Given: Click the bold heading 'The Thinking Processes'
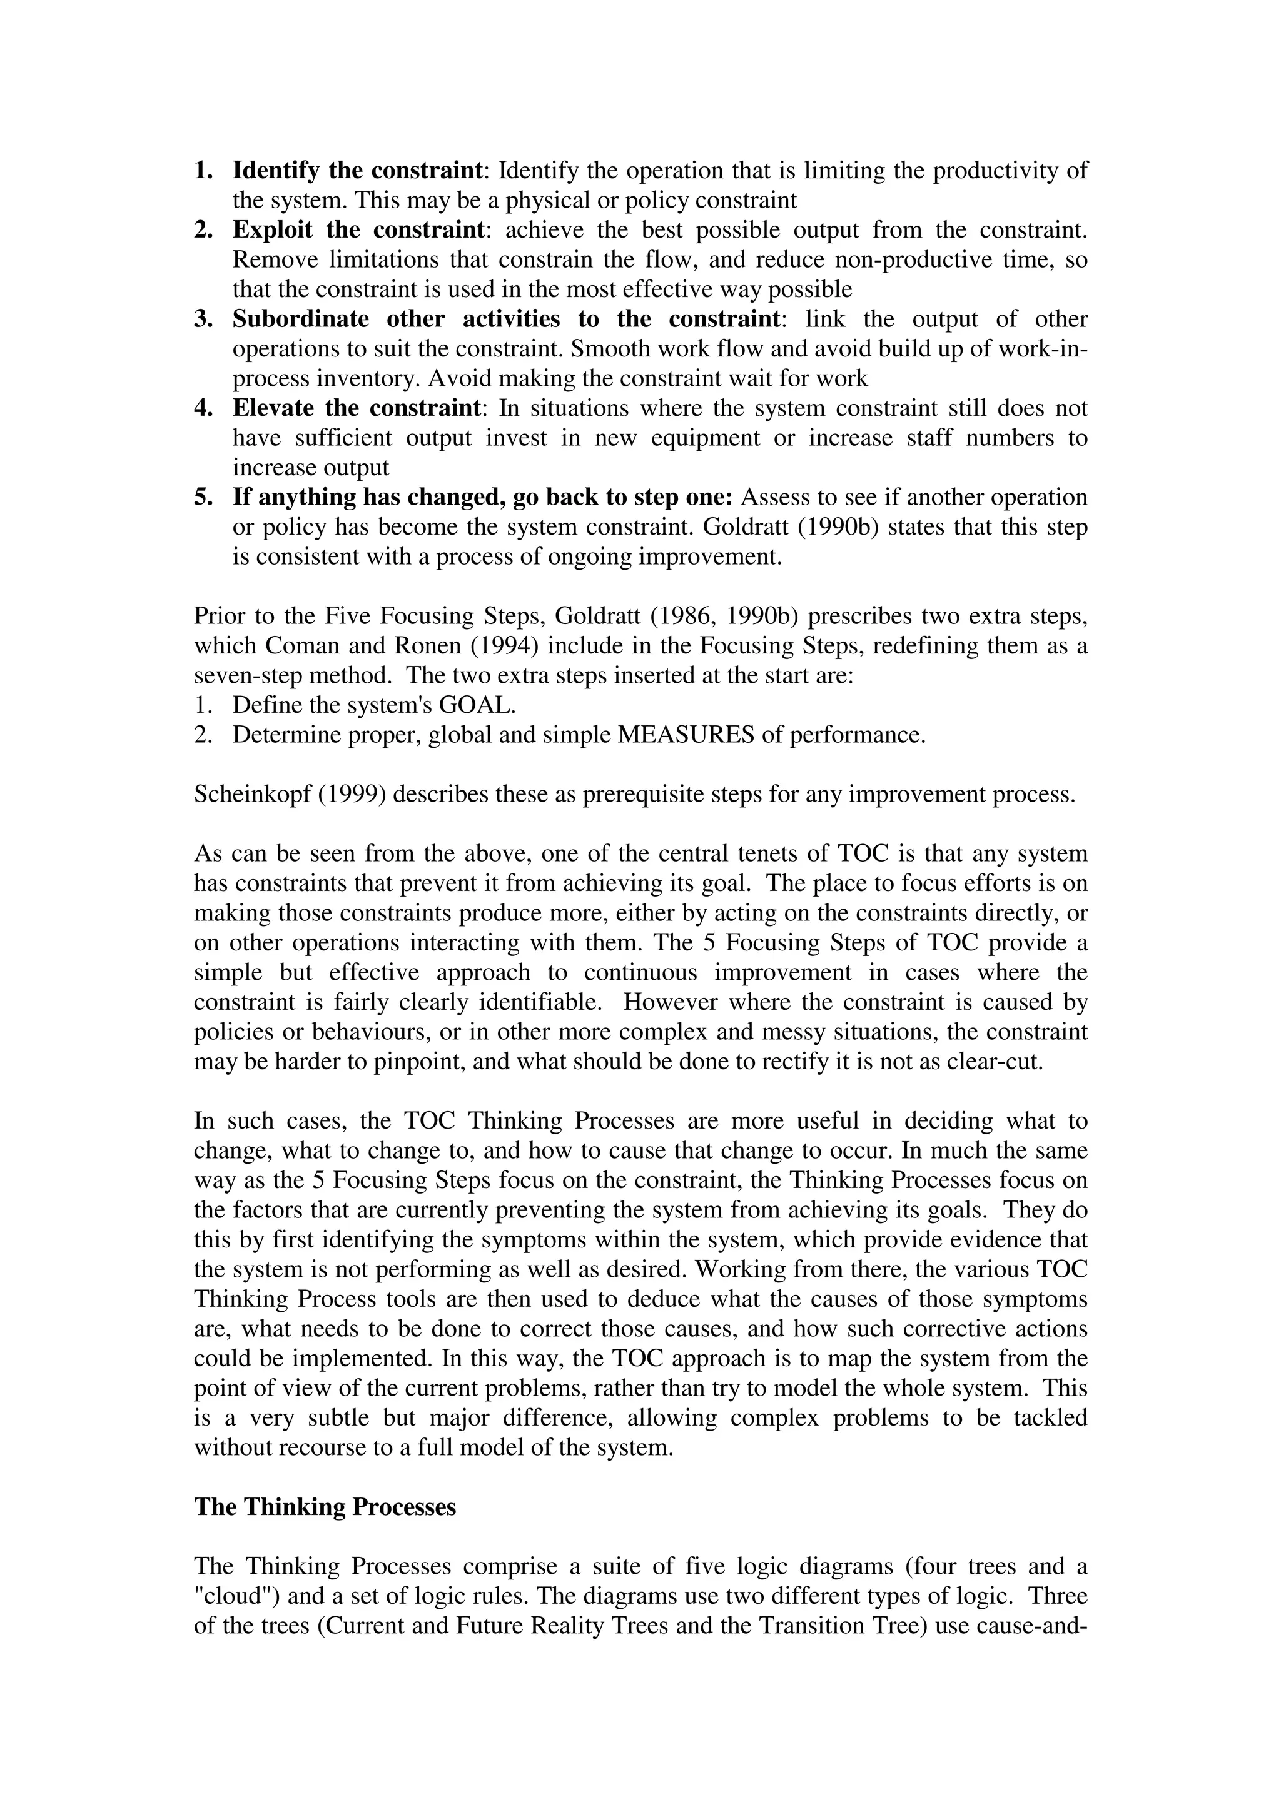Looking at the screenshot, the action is coord(325,1507).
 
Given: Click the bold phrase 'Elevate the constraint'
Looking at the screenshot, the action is coord(356,408).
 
